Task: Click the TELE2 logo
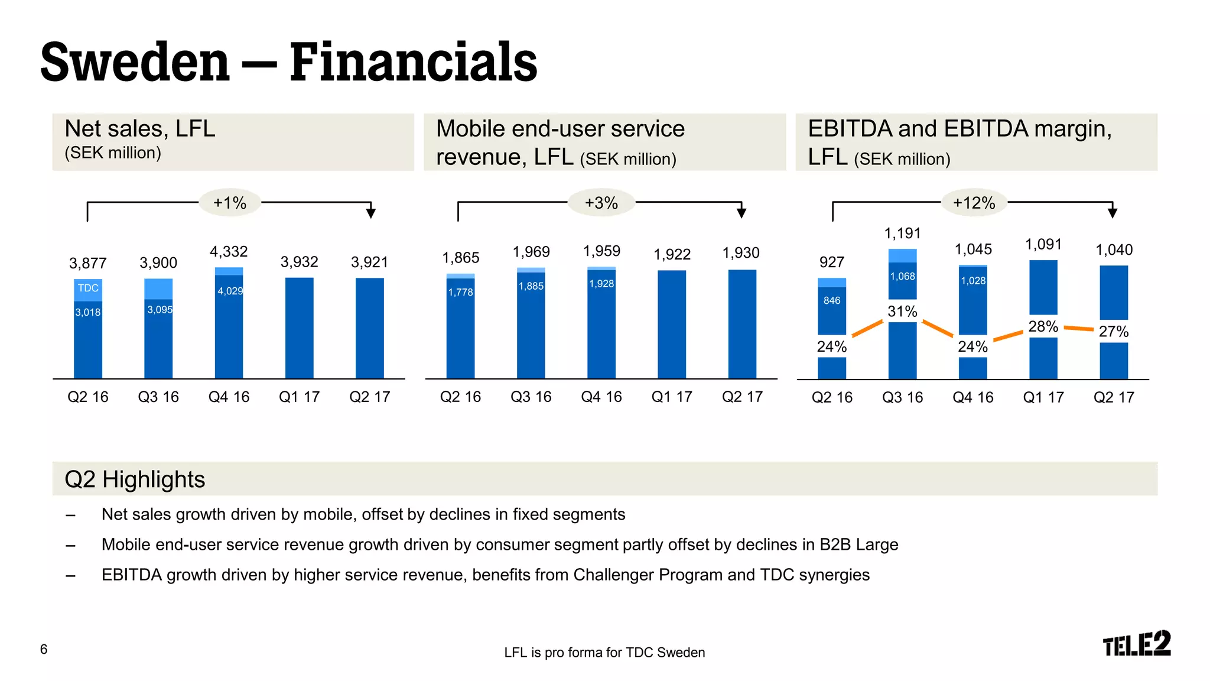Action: click(x=1136, y=644)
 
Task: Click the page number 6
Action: click(x=44, y=649)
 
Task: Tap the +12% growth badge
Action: click(x=974, y=203)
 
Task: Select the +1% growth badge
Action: click(x=230, y=203)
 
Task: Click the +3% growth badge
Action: click(x=601, y=203)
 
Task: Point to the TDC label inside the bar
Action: click(x=88, y=288)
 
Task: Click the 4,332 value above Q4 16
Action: click(x=229, y=251)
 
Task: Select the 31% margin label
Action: click(x=902, y=311)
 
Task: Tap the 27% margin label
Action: click(x=1113, y=331)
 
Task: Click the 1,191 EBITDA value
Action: click(x=902, y=234)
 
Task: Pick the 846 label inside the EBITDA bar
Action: click(x=832, y=300)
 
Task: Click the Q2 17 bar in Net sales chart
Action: click(x=370, y=328)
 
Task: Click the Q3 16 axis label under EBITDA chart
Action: click(x=902, y=397)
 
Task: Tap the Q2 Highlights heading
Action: click(x=135, y=479)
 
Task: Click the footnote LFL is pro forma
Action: click(x=604, y=653)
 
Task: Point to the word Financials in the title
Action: click(x=414, y=62)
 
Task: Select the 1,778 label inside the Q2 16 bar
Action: click(x=460, y=292)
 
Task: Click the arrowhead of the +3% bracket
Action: click(x=741, y=213)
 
